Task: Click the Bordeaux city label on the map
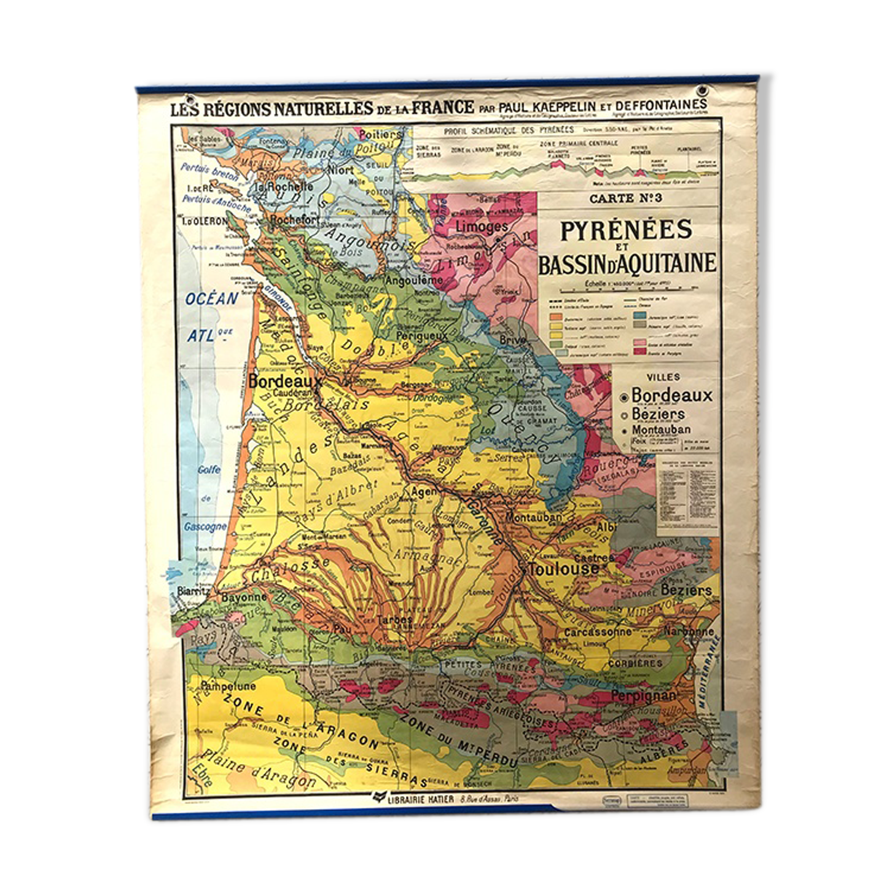click(x=284, y=381)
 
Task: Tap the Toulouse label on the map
click(x=563, y=569)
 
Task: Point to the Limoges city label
click(x=481, y=227)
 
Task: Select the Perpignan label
click(x=643, y=697)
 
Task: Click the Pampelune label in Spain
click(x=228, y=686)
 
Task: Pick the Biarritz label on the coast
click(x=193, y=591)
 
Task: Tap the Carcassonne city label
click(x=597, y=631)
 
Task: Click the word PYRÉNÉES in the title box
click(x=626, y=230)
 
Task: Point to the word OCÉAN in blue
click(x=212, y=299)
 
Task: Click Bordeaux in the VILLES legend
click(x=671, y=395)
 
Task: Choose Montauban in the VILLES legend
click(x=661, y=429)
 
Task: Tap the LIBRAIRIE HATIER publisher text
click(x=421, y=799)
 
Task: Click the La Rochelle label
click(x=284, y=186)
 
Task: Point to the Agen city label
click(x=424, y=491)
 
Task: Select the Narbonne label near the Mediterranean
click(x=689, y=631)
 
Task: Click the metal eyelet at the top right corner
click(x=702, y=92)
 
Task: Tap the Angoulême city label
click(x=413, y=280)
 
